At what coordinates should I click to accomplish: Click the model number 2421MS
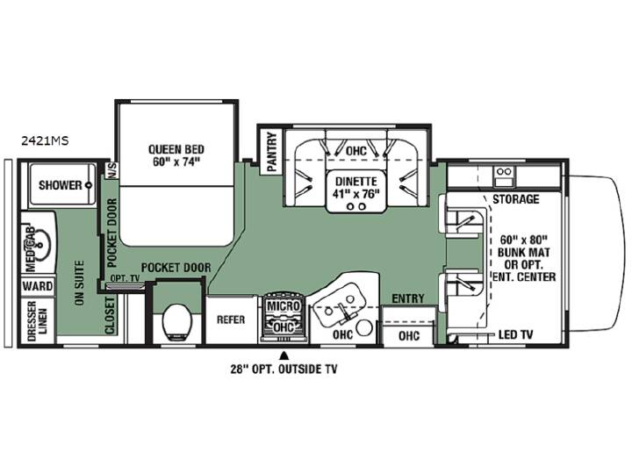pos(45,140)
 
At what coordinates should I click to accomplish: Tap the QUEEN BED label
pos(176,149)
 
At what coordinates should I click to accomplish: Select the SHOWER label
pos(60,185)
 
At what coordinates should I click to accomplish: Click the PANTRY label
pos(272,152)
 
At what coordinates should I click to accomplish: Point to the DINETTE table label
pos(356,182)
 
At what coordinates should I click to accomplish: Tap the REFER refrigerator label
pos(231,320)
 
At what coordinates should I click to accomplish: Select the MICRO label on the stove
pos(284,306)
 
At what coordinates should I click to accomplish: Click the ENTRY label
pos(408,298)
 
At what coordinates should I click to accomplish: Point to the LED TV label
pos(515,334)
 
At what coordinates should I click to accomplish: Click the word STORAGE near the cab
pos(516,199)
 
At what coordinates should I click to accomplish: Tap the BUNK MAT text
pos(523,253)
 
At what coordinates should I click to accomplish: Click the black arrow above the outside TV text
pos(284,355)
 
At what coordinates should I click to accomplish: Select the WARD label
pos(38,286)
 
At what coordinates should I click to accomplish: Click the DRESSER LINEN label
pos(38,320)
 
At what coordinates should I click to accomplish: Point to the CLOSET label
pos(110,316)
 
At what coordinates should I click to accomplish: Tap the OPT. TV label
pos(125,278)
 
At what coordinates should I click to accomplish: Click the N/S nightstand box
pos(111,170)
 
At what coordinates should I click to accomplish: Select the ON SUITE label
pos(79,283)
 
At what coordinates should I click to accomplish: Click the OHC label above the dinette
pos(356,151)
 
